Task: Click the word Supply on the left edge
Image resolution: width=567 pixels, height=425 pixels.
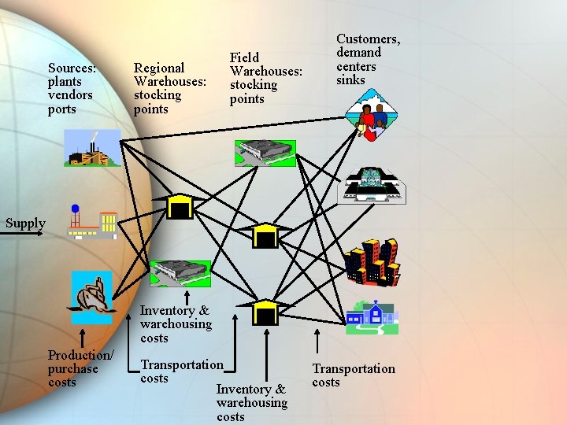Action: [25, 223]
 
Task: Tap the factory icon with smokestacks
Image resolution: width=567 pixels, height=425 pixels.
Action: [91, 148]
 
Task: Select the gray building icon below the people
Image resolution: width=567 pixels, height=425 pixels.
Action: [372, 186]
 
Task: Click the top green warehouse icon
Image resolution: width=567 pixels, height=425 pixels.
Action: [265, 152]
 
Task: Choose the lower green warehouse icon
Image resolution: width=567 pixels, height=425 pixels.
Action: [180, 273]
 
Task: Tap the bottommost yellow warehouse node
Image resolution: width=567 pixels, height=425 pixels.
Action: [266, 312]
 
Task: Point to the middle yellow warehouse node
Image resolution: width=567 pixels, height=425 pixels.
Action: [266, 235]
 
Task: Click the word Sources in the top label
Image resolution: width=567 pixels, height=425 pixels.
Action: [72, 68]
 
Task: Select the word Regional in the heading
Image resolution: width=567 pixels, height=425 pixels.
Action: [159, 68]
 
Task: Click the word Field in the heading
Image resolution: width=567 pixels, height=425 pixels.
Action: [244, 57]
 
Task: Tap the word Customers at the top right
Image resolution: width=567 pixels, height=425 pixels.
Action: [368, 39]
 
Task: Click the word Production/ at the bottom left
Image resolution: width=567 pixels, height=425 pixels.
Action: [80, 355]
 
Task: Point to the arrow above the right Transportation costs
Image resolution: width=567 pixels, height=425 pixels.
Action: [317, 342]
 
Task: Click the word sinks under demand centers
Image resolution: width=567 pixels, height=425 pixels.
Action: [350, 80]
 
